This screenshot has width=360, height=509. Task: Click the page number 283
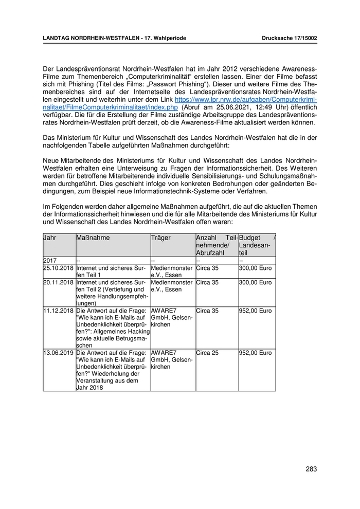[311, 469]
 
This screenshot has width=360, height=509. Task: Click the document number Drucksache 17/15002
[289, 39]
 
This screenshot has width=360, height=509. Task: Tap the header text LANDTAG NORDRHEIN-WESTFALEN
[89, 39]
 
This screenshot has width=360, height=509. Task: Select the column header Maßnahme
[93, 238]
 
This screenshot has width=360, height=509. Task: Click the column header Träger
[161, 238]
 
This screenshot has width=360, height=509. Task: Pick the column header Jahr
[50, 238]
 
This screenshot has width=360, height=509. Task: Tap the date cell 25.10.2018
[59, 268]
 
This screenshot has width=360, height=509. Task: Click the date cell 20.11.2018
[59, 283]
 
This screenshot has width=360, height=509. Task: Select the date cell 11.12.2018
[59, 311]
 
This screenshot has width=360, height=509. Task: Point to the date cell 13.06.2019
[59, 353]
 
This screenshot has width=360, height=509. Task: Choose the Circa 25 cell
[207, 353]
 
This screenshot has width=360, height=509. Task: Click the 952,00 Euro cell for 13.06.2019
[256, 353]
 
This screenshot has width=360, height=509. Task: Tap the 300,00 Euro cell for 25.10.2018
[256, 268]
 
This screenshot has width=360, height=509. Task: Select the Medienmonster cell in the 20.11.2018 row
[171, 286]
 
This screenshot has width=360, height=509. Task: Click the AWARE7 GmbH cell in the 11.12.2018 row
[171, 318]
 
